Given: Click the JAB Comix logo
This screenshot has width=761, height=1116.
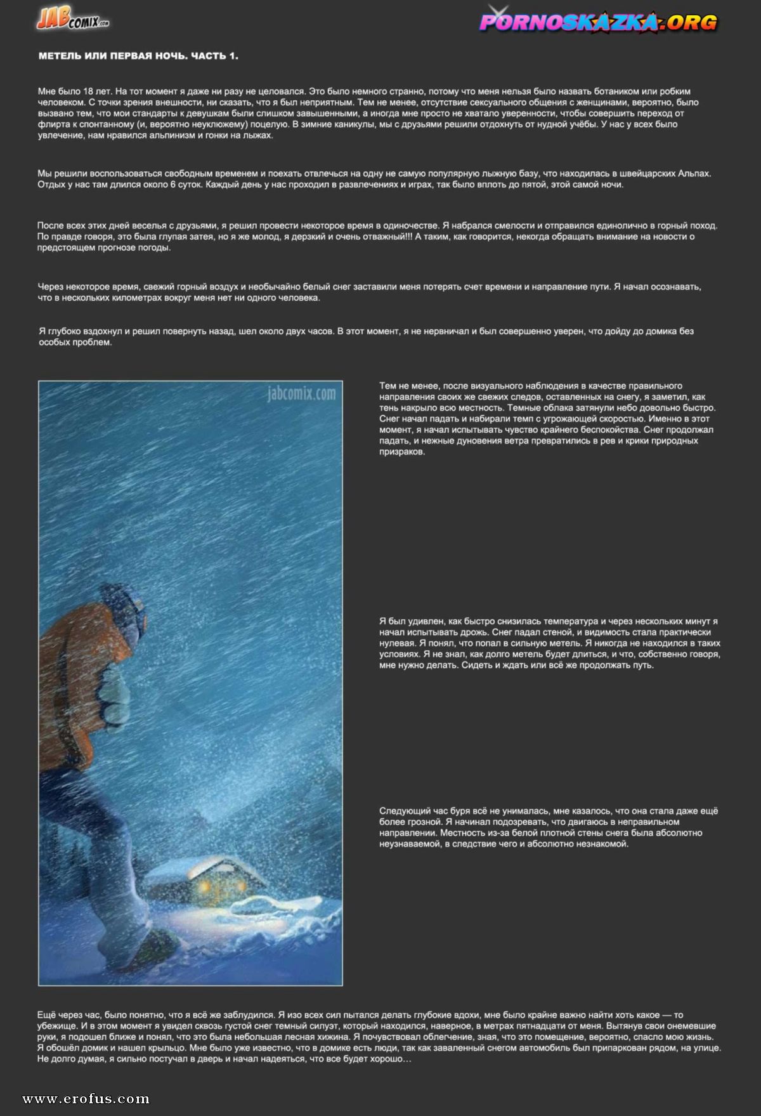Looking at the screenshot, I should [x=72, y=20].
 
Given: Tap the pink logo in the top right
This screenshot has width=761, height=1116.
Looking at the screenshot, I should [x=598, y=23].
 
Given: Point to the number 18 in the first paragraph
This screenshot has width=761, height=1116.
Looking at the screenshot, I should [x=88, y=91].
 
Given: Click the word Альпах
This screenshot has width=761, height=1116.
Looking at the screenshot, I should [x=693, y=173].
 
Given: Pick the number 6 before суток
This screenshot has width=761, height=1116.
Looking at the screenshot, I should [x=173, y=185].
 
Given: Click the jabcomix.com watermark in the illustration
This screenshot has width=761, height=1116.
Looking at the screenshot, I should [x=301, y=393].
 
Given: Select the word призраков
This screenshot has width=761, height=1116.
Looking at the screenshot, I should [x=402, y=452].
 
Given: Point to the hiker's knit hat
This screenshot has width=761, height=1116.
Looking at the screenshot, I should [x=127, y=596].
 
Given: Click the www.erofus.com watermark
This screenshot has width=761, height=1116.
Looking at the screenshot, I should [x=86, y=1099].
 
